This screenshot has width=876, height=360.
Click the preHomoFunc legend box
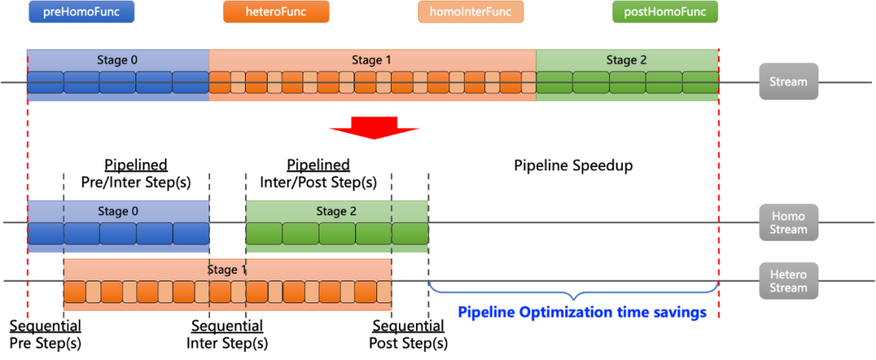(x=81, y=12)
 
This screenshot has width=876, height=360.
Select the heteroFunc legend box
(x=276, y=12)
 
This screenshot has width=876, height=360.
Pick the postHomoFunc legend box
(x=665, y=12)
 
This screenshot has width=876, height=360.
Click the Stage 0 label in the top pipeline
(x=118, y=60)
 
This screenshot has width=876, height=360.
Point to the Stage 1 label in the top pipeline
(x=371, y=60)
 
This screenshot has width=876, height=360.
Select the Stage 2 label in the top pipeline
(x=626, y=60)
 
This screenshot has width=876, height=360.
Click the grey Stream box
(x=788, y=82)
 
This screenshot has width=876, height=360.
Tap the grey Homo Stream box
(x=788, y=222)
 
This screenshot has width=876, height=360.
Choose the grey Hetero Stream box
(x=788, y=281)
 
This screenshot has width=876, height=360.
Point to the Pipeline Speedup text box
(x=573, y=166)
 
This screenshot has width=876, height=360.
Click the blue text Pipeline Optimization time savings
(x=582, y=312)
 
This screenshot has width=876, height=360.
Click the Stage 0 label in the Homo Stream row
(x=118, y=212)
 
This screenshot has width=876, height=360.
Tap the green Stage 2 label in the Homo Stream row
(x=337, y=212)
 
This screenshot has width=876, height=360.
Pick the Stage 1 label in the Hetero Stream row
(x=227, y=270)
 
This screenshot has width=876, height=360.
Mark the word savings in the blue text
(x=680, y=312)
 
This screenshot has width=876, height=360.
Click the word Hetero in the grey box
(x=788, y=274)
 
